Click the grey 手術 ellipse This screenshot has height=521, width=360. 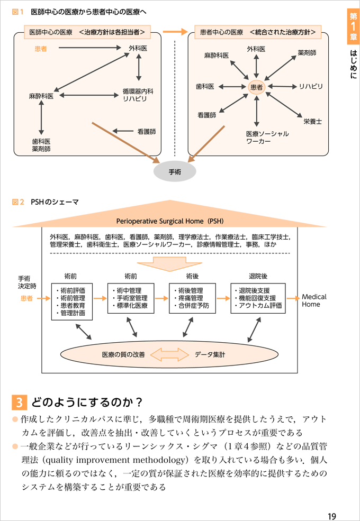[175, 172]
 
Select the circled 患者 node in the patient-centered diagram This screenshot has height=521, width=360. [256, 87]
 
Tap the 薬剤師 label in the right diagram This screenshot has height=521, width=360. [308, 53]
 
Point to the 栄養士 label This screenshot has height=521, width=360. [313, 122]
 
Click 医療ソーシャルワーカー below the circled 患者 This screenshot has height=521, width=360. [267, 138]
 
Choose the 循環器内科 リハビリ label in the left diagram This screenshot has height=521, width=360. [138, 95]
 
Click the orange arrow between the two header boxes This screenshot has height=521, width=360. [175, 32]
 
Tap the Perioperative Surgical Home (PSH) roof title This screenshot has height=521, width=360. [169, 221]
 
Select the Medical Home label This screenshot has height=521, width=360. [314, 300]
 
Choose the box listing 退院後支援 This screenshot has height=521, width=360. [257, 298]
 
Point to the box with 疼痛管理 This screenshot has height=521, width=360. [193, 298]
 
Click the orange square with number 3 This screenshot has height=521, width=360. [19, 403]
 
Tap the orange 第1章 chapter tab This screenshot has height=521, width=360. [353, 26]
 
